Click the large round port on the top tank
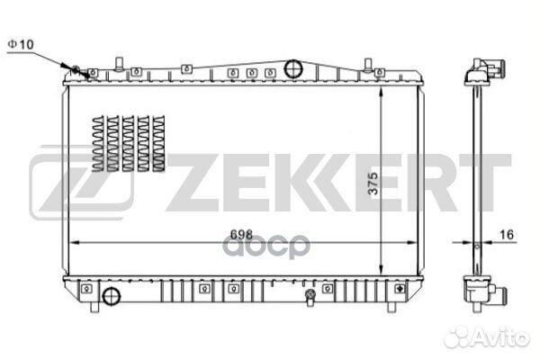(292, 69)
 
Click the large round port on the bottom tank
(111, 297)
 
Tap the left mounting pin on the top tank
(118, 64)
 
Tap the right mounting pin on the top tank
(368, 64)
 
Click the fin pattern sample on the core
(130, 144)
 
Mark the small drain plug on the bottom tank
(310, 294)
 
